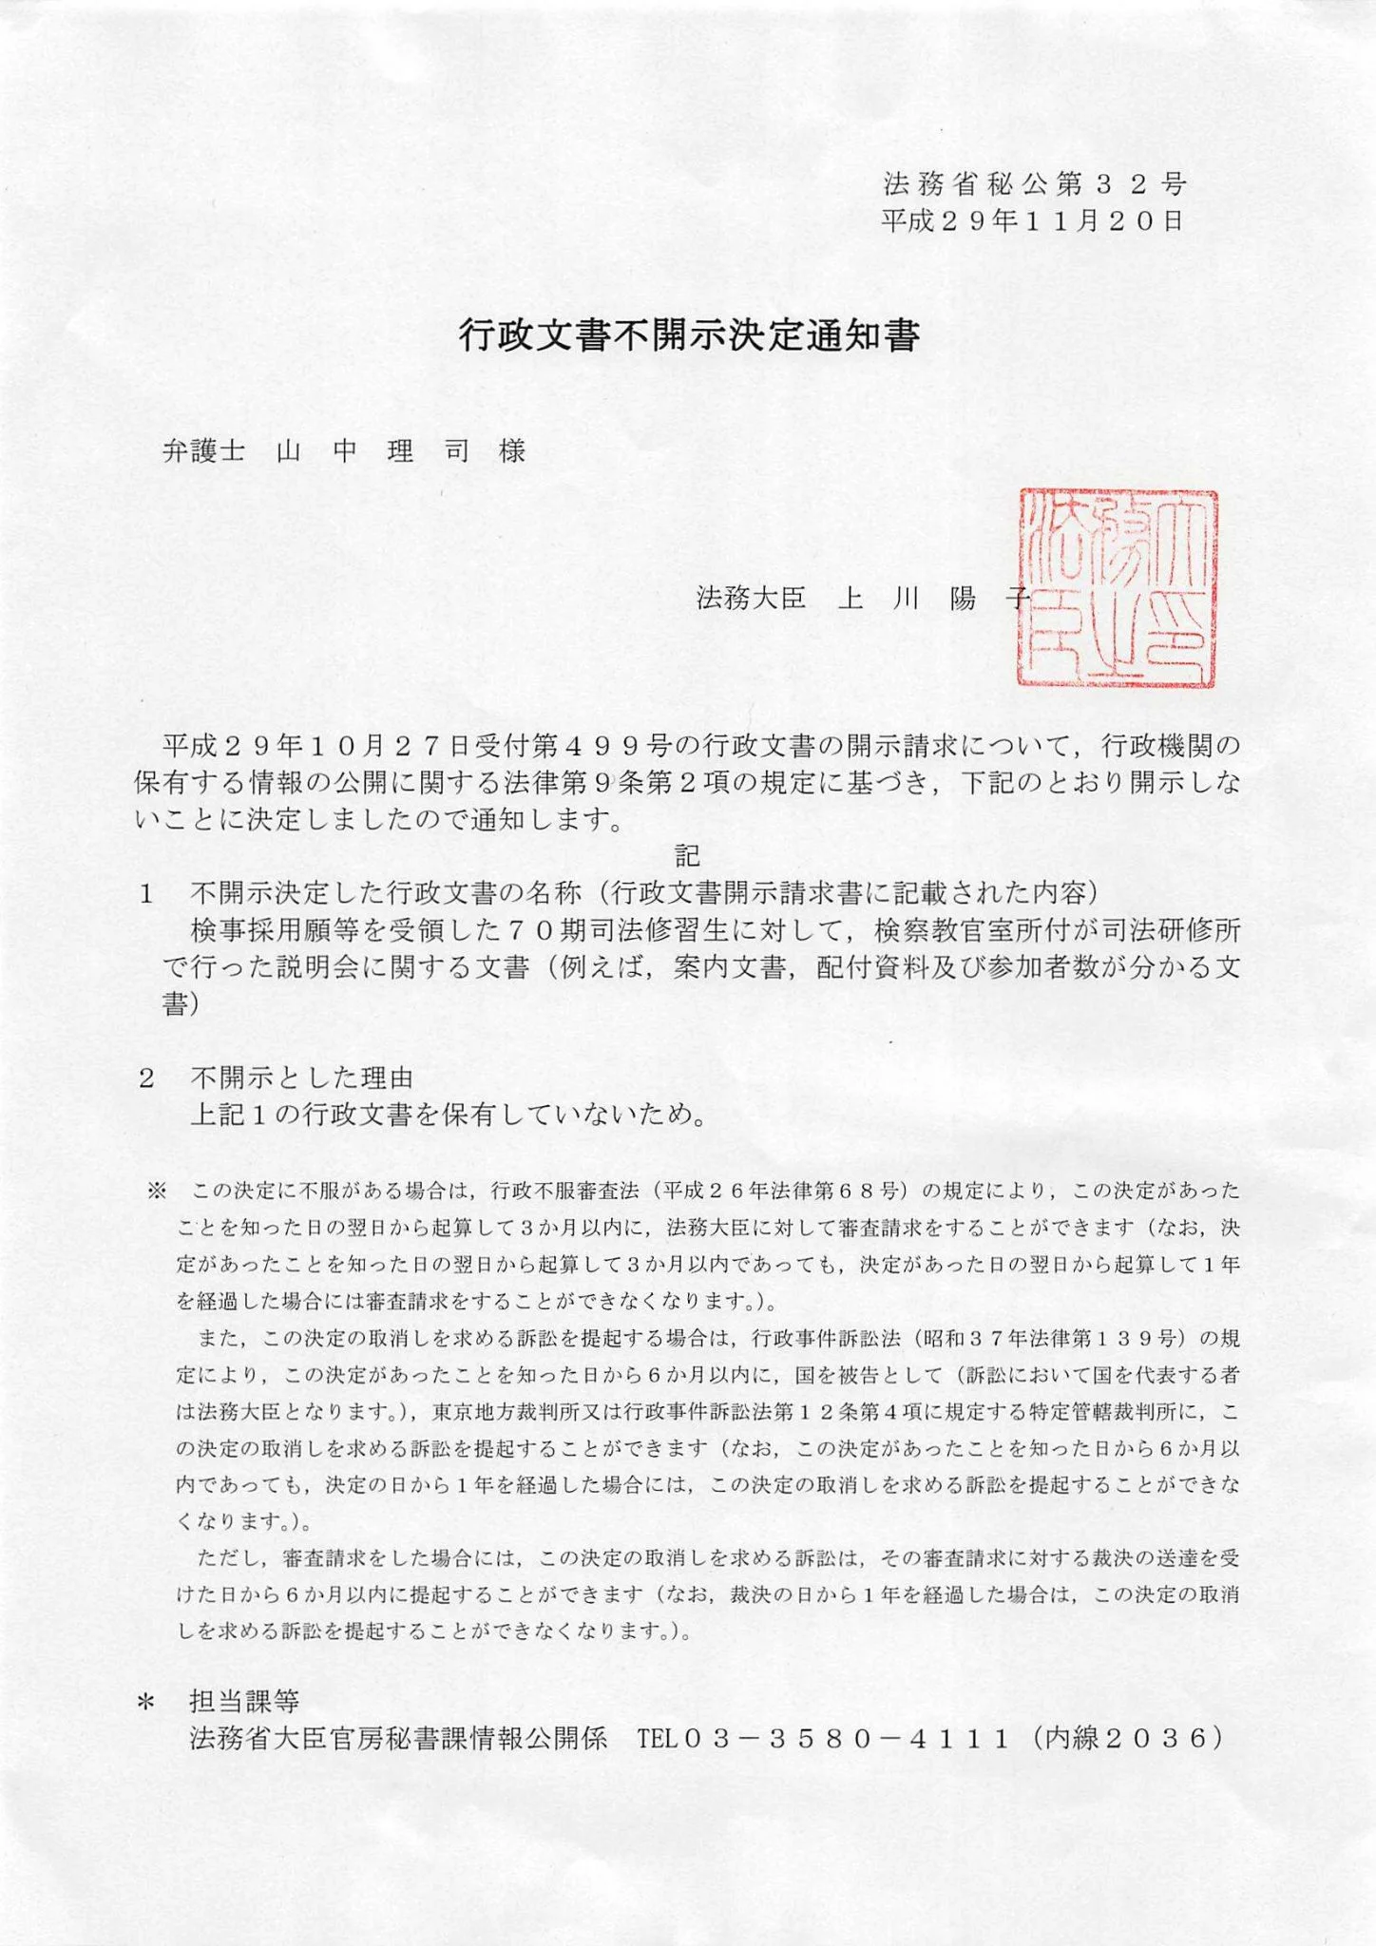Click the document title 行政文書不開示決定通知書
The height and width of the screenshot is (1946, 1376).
(688, 336)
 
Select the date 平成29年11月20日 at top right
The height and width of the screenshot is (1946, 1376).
(1032, 221)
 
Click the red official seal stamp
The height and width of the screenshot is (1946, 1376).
(1118, 587)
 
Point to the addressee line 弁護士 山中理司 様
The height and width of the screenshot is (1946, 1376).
(344, 451)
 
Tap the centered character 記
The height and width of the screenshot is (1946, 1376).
(687, 855)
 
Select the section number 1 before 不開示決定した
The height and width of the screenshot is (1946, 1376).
(146, 894)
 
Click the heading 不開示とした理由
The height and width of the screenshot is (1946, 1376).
(302, 1078)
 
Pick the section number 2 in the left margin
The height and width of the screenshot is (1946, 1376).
(146, 1078)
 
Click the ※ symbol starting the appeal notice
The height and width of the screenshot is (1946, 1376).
(157, 1190)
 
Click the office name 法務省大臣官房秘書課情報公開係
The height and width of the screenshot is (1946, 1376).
(398, 1739)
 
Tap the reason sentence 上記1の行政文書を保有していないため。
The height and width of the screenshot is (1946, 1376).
(449, 1115)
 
